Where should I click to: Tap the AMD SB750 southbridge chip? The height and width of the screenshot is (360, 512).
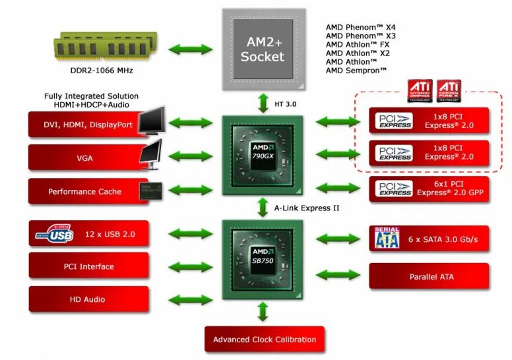[263, 259]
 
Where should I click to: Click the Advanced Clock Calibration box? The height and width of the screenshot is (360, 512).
[264, 340]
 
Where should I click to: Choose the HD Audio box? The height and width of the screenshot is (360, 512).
[88, 299]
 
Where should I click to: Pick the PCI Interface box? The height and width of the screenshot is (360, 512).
[88, 266]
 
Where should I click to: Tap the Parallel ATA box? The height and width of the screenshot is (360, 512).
[429, 276]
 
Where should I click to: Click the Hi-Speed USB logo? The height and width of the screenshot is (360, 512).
[53, 234]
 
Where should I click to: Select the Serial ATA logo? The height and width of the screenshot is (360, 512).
[387, 238]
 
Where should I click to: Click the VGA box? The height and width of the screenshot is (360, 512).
[84, 158]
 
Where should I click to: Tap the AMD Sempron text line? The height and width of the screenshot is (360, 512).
[356, 71]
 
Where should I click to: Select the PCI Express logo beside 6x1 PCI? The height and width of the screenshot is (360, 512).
[395, 188]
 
